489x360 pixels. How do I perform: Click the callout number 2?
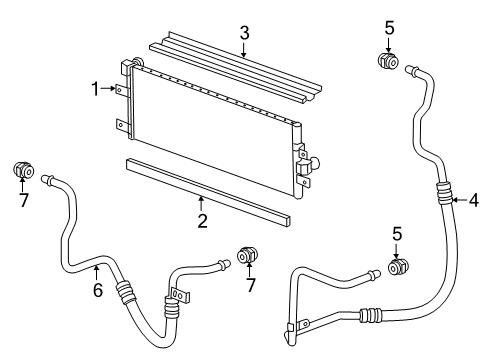point(202,220)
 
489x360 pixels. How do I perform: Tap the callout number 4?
point(473,199)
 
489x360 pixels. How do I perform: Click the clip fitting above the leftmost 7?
point(22,171)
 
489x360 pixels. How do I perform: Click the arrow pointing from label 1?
point(112,89)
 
